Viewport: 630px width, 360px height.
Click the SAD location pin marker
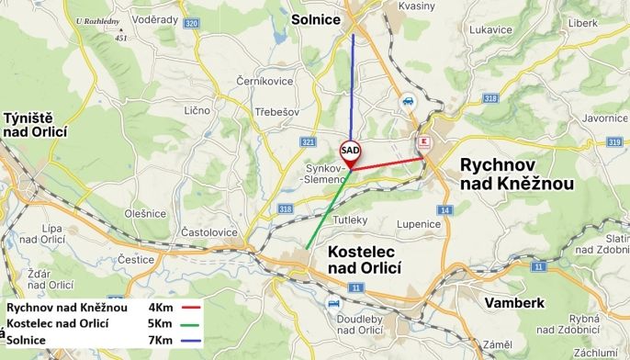(x=350, y=152)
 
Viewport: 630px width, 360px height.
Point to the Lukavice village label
(x=489, y=30)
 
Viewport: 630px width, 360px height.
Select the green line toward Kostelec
(x=328, y=209)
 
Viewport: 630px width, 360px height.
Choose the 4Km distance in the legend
(x=160, y=307)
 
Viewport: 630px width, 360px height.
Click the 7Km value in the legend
(x=160, y=340)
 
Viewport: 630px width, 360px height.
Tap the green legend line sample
(x=191, y=323)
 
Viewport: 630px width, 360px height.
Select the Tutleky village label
(x=350, y=220)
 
